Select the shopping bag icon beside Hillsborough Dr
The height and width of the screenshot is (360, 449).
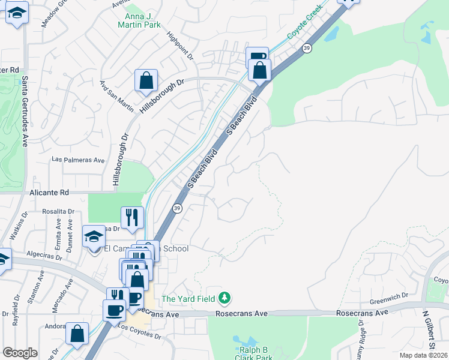146,80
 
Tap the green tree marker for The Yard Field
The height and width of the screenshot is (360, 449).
224,298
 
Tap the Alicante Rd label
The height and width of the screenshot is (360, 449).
49,193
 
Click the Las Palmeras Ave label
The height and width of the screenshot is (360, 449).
78,160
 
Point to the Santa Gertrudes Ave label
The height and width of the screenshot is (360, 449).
25,111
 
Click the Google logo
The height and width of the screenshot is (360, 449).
20,352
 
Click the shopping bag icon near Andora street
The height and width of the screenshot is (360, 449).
77,333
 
